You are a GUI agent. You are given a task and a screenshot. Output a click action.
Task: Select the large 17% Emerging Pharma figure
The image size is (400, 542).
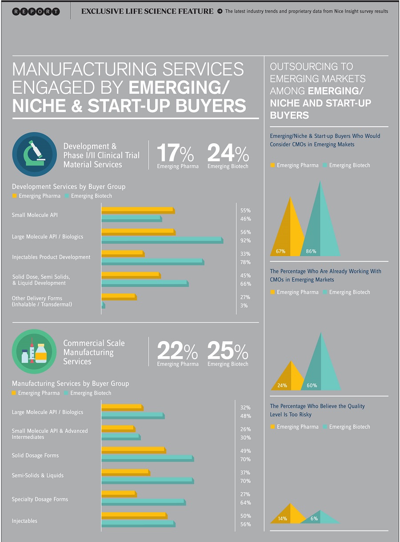tap(175, 154)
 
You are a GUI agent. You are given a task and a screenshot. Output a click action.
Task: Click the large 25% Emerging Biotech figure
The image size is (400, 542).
tap(228, 352)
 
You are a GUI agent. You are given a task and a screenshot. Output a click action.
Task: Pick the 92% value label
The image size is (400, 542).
tap(245, 241)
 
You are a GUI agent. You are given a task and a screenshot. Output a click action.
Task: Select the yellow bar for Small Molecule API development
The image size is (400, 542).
tap(138, 210)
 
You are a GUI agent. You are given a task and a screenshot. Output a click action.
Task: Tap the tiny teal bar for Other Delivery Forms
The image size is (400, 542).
tap(103, 305)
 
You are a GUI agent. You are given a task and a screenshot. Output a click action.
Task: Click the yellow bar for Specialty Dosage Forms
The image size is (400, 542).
tap(119, 494)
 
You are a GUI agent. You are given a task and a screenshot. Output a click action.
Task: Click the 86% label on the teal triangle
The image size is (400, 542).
tap(311, 252)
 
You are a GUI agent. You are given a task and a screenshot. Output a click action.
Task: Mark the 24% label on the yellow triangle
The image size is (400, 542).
tap(282, 385)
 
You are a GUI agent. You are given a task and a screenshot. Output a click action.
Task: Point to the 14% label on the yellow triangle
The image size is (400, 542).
tap(282, 518)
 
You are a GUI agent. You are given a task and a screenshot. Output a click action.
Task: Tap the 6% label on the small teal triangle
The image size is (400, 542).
tap(314, 518)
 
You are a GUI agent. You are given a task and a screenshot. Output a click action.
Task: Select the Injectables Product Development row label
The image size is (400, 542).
tap(51, 257)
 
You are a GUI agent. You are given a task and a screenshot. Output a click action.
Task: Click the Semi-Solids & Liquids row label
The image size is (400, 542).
tap(38, 475)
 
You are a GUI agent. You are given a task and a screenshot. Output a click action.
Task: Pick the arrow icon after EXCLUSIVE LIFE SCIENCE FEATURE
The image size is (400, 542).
tap(220, 12)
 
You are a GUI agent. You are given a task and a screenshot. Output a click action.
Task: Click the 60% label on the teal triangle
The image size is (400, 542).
tap(312, 385)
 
